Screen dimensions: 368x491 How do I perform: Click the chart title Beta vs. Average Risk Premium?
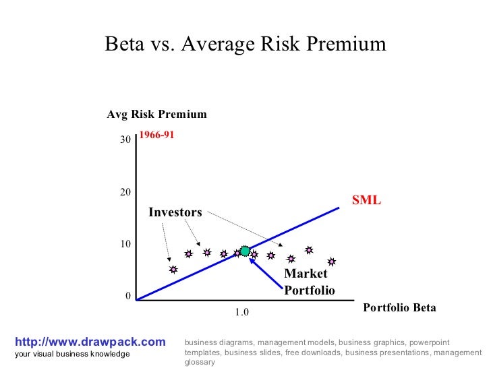coord(246,44)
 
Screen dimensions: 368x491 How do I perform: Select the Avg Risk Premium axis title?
coord(156,115)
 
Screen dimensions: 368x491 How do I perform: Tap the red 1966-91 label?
coord(156,135)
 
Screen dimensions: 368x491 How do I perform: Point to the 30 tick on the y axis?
coord(125,140)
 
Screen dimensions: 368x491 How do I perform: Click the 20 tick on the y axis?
coord(125,192)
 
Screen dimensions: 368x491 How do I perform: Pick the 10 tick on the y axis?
coord(125,244)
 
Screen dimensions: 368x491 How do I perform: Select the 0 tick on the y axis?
coord(127,297)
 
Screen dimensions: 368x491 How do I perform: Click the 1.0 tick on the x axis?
coord(242,313)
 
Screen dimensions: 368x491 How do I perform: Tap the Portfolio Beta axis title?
coord(399,307)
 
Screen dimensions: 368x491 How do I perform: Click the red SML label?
coord(366,200)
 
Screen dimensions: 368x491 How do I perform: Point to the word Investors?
coord(175,213)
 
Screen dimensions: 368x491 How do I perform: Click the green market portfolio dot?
coord(245,251)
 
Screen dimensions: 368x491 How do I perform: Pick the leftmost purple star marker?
coord(173,270)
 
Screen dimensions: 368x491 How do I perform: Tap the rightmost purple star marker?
coord(331,262)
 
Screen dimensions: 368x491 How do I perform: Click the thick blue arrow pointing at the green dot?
coord(266,274)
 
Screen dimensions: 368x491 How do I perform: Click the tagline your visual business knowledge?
coord(72,354)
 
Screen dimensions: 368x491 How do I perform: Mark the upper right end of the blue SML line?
coord(338,208)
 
